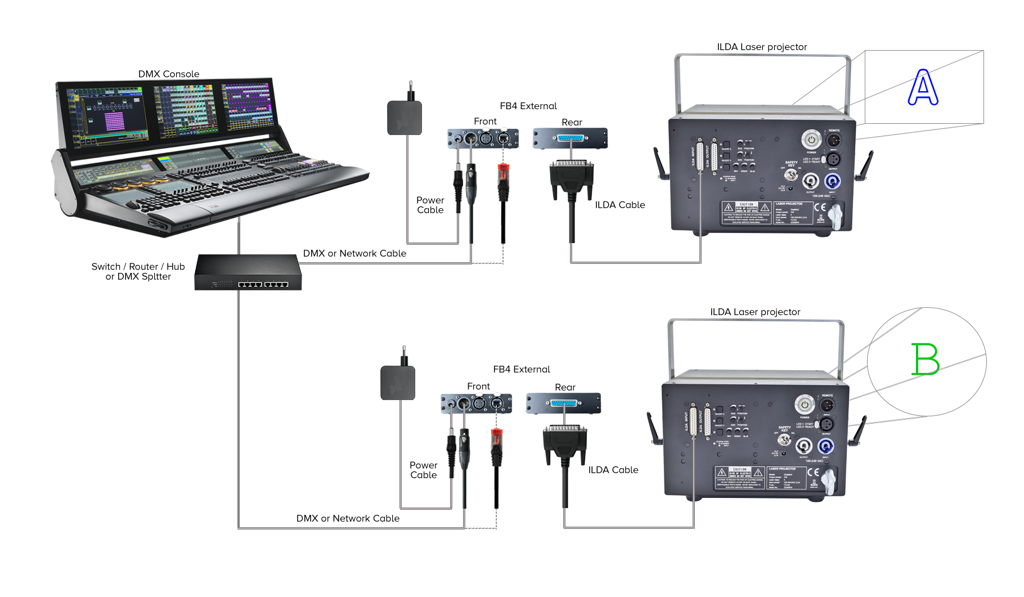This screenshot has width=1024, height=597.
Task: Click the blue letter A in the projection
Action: pyautogui.click(x=923, y=88)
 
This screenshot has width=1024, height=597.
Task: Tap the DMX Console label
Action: pyautogui.click(x=169, y=74)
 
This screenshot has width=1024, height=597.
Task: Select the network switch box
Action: pyautogui.click(x=248, y=272)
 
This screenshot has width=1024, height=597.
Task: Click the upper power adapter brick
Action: pyautogui.click(x=405, y=118)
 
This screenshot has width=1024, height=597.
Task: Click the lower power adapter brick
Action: pyautogui.click(x=398, y=383)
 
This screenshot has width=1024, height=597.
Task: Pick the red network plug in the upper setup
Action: pyautogui.click(x=503, y=175)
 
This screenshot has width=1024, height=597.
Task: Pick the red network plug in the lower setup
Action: pyautogui.click(x=496, y=441)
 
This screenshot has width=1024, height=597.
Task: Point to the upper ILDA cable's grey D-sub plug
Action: pyautogui.click(x=572, y=177)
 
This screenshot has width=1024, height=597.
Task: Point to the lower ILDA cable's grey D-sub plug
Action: pyautogui.click(x=565, y=442)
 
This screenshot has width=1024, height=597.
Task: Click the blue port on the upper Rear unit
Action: pyautogui.click(x=571, y=138)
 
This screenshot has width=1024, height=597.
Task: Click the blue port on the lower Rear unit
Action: pyautogui.click(x=564, y=403)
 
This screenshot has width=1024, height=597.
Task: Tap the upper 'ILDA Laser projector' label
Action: pyautogui.click(x=762, y=47)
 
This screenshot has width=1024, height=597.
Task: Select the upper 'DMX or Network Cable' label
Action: pyautogui.click(x=354, y=253)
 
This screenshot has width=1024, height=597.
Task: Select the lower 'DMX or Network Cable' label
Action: pyautogui.click(x=348, y=518)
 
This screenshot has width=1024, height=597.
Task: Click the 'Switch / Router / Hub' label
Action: pyautogui.click(x=138, y=267)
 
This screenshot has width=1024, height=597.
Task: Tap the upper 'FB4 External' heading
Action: pyautogui.click(x=528, y=106)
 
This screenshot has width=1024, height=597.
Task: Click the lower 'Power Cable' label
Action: pyautogui.click(x=424, y=470)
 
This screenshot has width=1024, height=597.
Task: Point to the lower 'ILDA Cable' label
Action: pyautogui.click(x=613, y=470)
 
